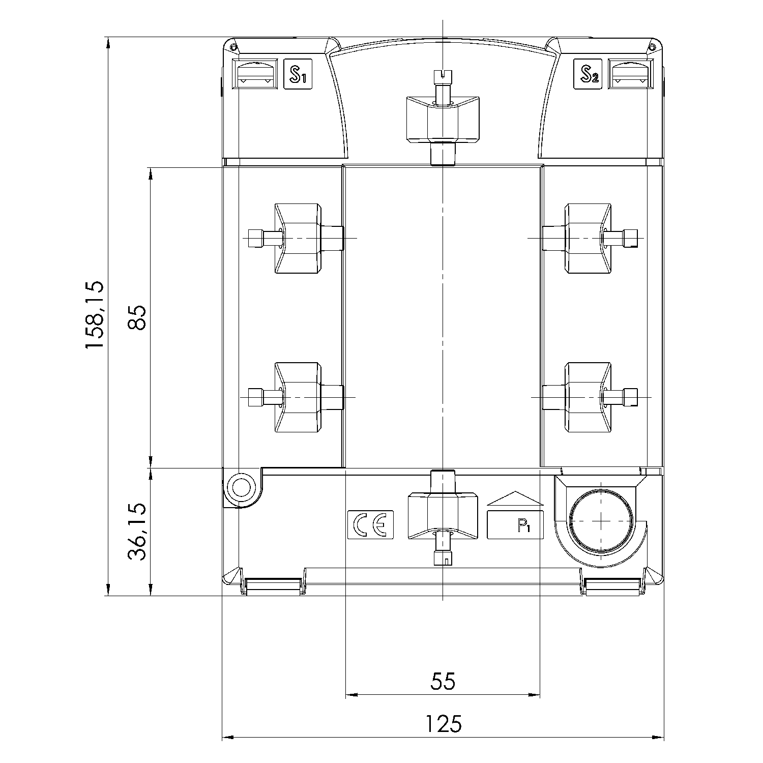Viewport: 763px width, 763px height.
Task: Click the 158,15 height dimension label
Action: tap(95, 315)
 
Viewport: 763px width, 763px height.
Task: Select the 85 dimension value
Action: tap(137, 318)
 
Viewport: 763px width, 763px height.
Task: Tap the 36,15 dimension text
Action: tap(137, 532)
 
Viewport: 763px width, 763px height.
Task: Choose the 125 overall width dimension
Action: tap(443, 723)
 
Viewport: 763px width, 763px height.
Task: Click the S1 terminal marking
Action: tap(297, 74)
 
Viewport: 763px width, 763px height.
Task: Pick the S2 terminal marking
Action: tap(588, 74)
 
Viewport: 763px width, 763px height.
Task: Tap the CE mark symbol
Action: tap(370, 524)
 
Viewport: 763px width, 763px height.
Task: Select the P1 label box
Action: tap(516, 524)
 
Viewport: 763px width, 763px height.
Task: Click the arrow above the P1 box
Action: tap(516, 498)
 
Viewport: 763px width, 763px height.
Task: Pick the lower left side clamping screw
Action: tap(295, 397)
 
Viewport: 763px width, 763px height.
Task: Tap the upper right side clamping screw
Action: tap(590, 238)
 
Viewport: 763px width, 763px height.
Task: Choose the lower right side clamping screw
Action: tap(590, 397)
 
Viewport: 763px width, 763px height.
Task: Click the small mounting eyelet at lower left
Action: tap(241, 488)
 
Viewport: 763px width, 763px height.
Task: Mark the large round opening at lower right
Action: tap(601, 521)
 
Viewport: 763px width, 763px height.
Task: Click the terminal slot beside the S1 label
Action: tap(255, 74)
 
